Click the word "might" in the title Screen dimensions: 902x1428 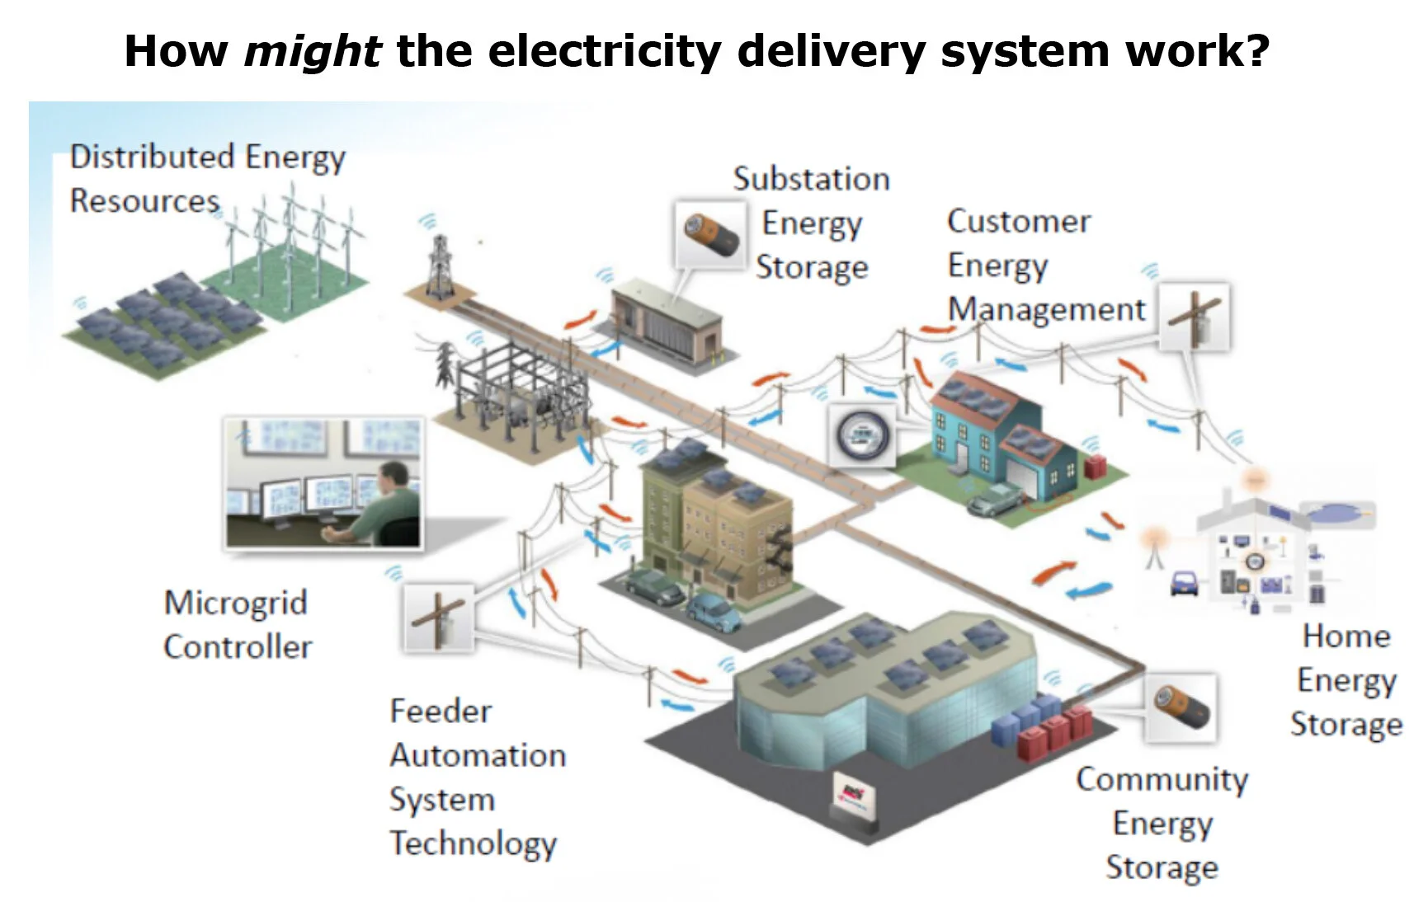pos(312,51)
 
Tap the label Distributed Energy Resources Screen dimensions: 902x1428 pos(205,178)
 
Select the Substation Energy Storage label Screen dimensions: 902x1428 pos(812,223)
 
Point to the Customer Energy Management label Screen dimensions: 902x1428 pos(1044,265)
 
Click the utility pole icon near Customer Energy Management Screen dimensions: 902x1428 pos(1194,317)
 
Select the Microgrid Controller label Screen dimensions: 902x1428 pos(237,624)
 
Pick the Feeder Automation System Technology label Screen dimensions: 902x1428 pos(477,777)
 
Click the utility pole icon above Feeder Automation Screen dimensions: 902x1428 pos(439,618)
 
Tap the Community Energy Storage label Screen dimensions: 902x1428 pos(1162,823)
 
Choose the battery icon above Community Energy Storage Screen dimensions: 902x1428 pos(1180,707)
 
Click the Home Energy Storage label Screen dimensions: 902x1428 pos(1346,680)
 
